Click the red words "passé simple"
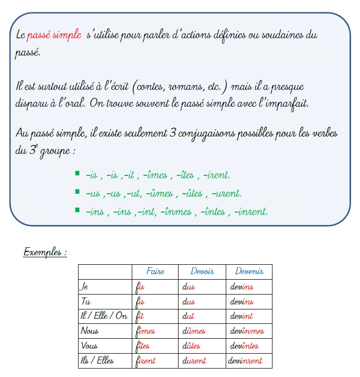click(54, 35)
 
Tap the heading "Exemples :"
click(45, 252)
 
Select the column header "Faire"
click(155, 272)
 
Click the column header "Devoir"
click(202, 272)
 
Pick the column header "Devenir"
click(249, 272)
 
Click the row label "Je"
click(84, 287)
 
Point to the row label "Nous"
click(90, 331)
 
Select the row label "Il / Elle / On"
click(103, 316)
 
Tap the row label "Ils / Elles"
click(96, 361)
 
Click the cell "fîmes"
click(145, 331)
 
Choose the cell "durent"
click(194, 361)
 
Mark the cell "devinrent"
click(245, 361)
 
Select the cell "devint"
click(241, 316)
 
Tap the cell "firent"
click(145, 361)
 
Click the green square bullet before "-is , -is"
click(77, 173)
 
